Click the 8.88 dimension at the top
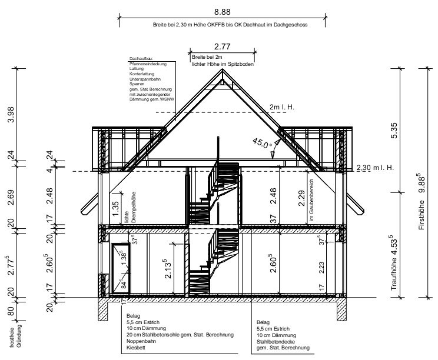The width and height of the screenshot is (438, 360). click(x=223, y=12)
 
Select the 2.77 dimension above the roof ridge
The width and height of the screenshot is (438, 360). click(x=223, y=46)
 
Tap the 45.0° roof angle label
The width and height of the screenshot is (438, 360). click(x=262, y=143)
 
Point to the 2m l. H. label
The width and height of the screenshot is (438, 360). click(x=282, y=107)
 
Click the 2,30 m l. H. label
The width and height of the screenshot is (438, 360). click(x=375, y=168)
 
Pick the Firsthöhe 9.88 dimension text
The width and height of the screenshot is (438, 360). click(x=422, y=202)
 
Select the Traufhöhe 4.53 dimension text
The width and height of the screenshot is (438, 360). click(x=394, y=262)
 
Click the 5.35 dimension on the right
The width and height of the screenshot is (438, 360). click(x=394, y=131)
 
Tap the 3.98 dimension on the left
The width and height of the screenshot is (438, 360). click(x=11, y=115)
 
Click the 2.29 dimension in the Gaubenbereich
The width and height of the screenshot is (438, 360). click(x=301, y=198)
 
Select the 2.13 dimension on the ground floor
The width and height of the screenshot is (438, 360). click(x=167, y=269)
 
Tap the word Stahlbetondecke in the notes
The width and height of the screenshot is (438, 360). click(x=276, y=342)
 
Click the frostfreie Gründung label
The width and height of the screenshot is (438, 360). click(x=15, y=336)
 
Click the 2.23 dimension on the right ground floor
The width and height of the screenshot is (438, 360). click(x=321, y=267)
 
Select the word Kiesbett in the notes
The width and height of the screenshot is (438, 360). click(x=136, y=348)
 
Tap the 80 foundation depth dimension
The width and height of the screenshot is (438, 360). click(x=11, y=311)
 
